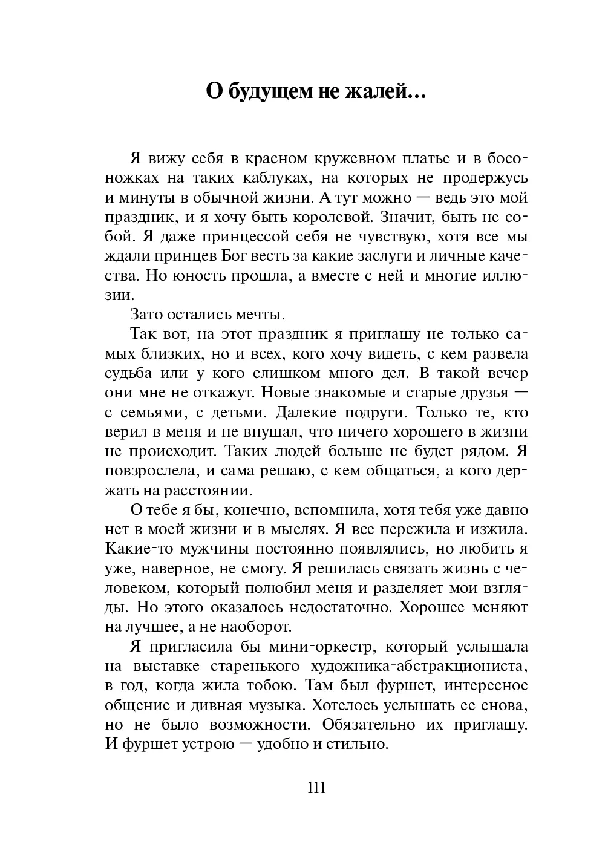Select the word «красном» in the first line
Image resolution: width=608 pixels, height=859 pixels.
pyautogui.click(x=274, y=159)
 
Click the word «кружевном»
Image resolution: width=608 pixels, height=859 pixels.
pyautogui.click(x=356, y=159)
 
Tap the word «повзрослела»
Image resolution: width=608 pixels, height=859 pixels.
pyautogui.click(x=150, y=471)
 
